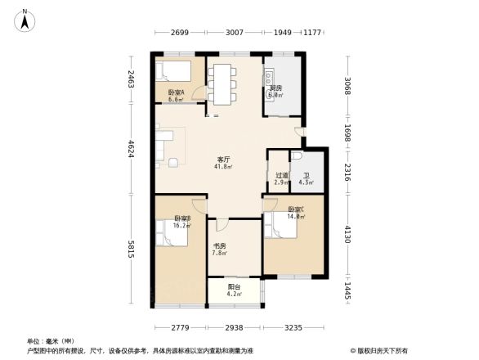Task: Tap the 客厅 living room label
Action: pyautogui.click(x=222, y=160)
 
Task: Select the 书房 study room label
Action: pyautogui.click(x=220, y=245)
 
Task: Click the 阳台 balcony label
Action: pyautogui.click(x=235, y=287)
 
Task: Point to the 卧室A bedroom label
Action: pyautogui.click(x=176, y=92)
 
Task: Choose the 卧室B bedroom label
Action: pyautogui.click(x=182, y=218)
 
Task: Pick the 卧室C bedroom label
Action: pyautogui.click(x=295, y=210)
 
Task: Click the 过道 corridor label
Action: pyautogui.click(x=280, y=175)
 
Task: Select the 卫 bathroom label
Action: pyautogui.click(x=307, y=175)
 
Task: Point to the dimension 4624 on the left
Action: pyautogui.click(x=132, y=152)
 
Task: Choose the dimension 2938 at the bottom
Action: pyautogui.click(x=235, y=327)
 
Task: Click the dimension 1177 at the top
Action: pyautogui.click(x=313, y=34)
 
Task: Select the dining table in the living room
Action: pyautogui.click(x=222, y=83)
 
